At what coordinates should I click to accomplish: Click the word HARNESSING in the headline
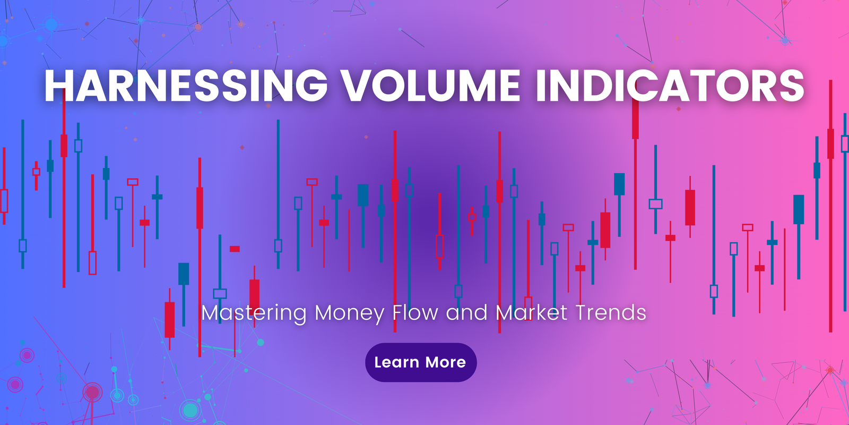(186, 86)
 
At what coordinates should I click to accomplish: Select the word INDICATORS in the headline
(670, 86)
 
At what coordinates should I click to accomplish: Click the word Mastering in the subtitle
(254, 313)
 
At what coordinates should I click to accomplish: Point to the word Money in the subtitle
(349, 313)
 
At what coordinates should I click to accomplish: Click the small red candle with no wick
(235, 249)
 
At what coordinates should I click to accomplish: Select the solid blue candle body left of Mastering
(184, 274)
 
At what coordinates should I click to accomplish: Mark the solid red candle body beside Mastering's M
(169, 319)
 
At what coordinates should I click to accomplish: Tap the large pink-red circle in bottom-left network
(92, 392)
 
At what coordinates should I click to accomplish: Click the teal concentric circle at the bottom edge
(189, 410)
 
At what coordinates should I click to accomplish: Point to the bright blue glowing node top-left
(51, 24)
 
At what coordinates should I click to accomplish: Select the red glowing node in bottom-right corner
(830, 370)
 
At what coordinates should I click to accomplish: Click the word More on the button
(445, 362)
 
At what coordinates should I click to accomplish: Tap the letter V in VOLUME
(356, 86)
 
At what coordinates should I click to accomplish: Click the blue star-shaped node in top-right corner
(785, 40)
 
